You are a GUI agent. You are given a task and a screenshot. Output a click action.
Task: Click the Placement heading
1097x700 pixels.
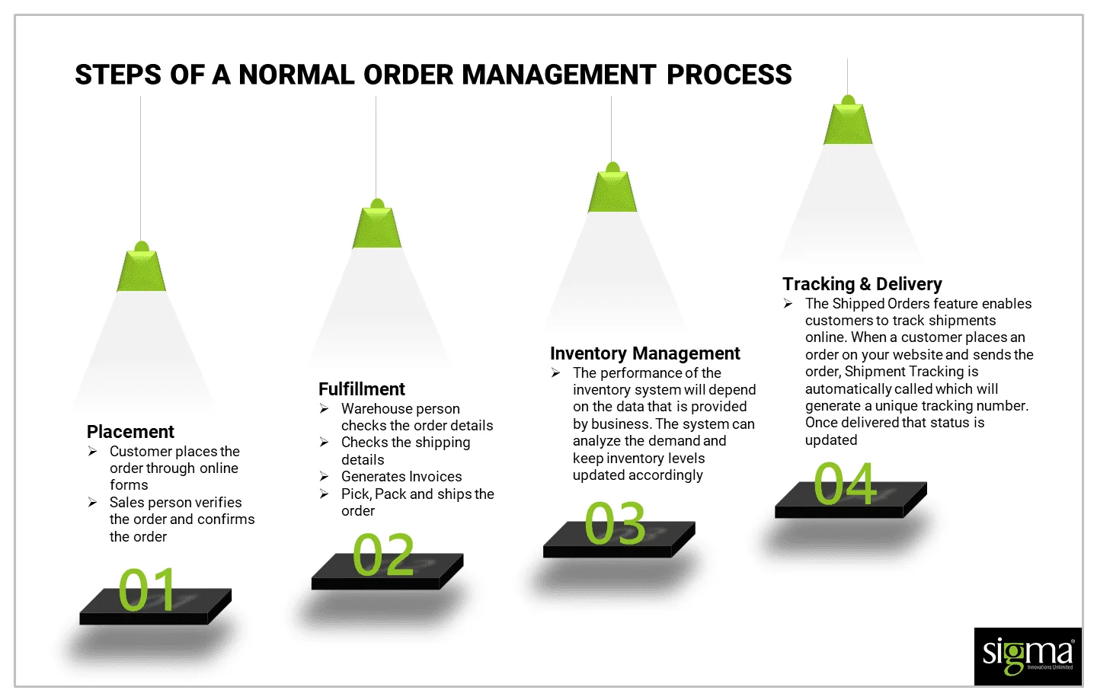(130, 432)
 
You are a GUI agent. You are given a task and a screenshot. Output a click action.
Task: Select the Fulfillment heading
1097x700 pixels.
(362, 389)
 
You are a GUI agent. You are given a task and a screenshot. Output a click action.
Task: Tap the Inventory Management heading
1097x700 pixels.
(644, 353)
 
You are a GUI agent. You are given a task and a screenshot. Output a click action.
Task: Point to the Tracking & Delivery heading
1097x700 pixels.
(862, 284)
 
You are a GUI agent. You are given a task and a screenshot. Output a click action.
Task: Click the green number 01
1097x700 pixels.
(147, 590)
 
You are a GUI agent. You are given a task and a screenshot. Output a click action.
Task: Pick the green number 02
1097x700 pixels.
(383, 555)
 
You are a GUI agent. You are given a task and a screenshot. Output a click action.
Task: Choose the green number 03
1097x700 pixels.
(615, 523)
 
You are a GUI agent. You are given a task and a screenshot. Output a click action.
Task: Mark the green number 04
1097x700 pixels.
(845, 484)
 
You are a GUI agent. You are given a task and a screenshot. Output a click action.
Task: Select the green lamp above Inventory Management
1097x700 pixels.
(612, 190)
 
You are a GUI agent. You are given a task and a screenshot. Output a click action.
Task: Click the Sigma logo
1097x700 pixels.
(1027, 656)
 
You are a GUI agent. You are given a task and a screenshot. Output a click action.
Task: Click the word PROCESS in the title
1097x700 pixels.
(729, 75)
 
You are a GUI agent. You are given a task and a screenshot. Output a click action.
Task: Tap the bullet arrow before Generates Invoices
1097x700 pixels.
(324, 477)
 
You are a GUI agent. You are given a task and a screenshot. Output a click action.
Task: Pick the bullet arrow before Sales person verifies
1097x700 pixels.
(92, 503)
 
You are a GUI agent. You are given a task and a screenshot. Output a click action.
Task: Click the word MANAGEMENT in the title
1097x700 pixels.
(558, 75)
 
